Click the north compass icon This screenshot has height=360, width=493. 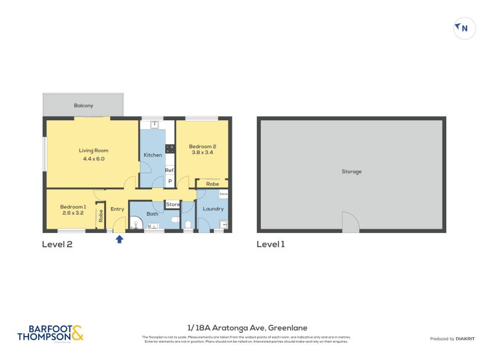tap(464, 28)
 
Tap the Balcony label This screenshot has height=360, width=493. tap(83, 105)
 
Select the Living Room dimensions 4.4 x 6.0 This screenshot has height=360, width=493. tap(93, 158)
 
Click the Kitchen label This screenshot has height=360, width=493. tap(152, 155)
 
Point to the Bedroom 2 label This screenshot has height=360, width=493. tap(202, 146)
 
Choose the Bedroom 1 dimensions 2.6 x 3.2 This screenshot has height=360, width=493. tap(72, 213)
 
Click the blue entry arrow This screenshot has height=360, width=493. tap(120, 239)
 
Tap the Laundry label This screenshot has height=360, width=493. tap(213, 208)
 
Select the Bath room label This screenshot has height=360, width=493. tap(152, 214)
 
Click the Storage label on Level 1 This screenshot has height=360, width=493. tap(351, 171)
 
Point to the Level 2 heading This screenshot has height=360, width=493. tap(57, 244)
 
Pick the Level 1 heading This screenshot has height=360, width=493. tap(271, 244)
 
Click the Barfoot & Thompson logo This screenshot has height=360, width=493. tap(50, 333)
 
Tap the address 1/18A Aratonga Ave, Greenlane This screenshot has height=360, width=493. tap(246, 328)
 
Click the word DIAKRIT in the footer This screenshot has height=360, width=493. tap(463, 339)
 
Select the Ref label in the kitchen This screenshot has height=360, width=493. tap(169, 170)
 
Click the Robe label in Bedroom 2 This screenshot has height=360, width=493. tap(212, 184)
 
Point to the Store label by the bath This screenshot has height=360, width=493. tap(173, 204)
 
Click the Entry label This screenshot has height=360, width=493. tap(117, 209)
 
